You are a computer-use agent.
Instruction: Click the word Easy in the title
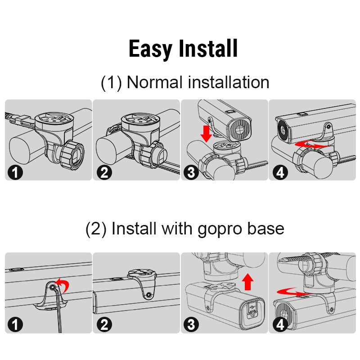point(150,49)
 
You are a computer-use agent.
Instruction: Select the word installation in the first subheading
point(229,82)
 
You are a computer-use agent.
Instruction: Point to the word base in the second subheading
point(266,228)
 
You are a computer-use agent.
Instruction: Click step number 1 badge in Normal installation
point(15,172)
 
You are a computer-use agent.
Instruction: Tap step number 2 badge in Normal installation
point(104,172)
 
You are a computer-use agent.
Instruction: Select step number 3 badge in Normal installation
point(191,172)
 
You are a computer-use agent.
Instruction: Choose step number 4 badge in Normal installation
point(280,172)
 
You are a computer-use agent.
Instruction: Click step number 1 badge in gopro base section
point(15,324)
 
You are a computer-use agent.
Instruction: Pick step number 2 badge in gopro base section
point(104,324)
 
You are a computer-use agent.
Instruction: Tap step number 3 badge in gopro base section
point(191,324)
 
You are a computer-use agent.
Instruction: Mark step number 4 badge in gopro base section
point(280,324)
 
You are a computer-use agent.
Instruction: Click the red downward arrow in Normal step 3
point(206,134)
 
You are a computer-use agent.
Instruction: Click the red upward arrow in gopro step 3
point(248,282)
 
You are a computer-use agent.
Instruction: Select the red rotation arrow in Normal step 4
point(312,145)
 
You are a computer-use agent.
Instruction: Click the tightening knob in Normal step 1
point(72,155)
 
